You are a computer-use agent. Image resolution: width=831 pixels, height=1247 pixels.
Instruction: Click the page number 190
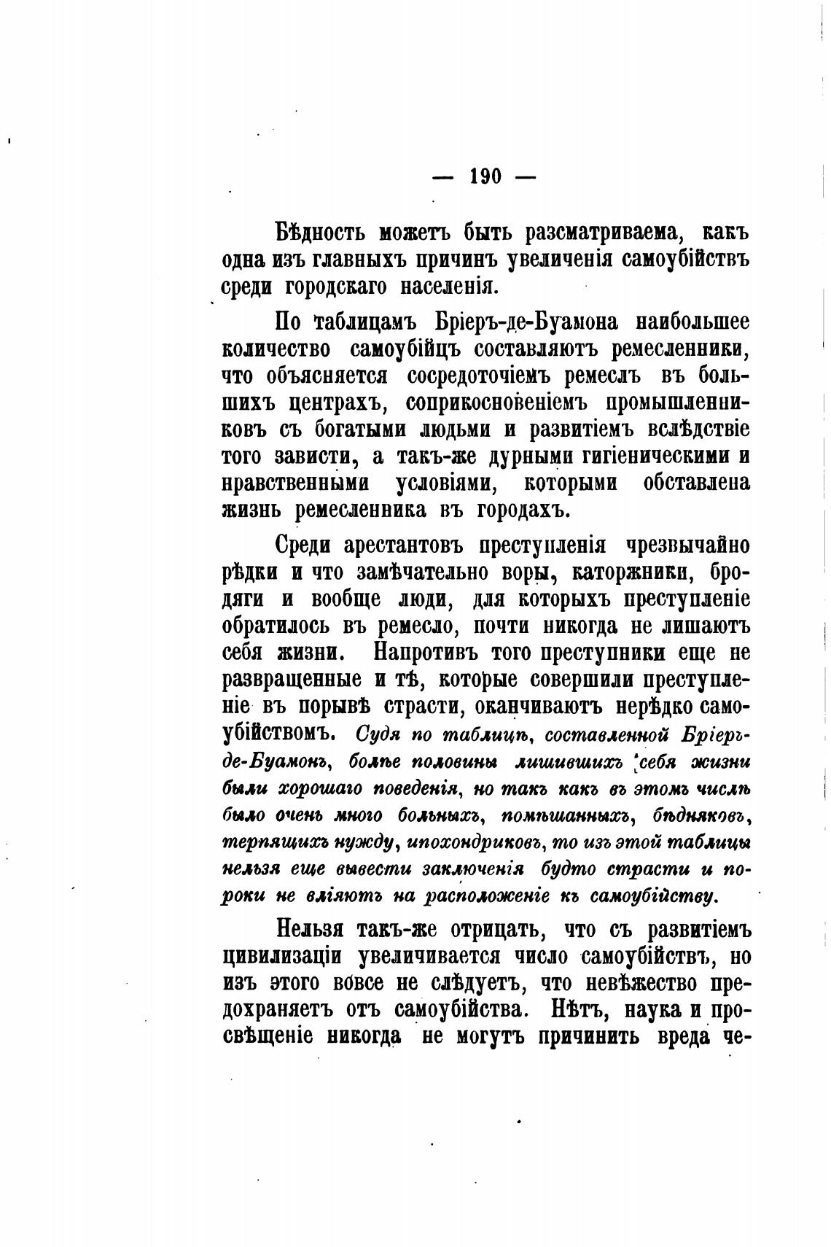coord(485,176)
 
